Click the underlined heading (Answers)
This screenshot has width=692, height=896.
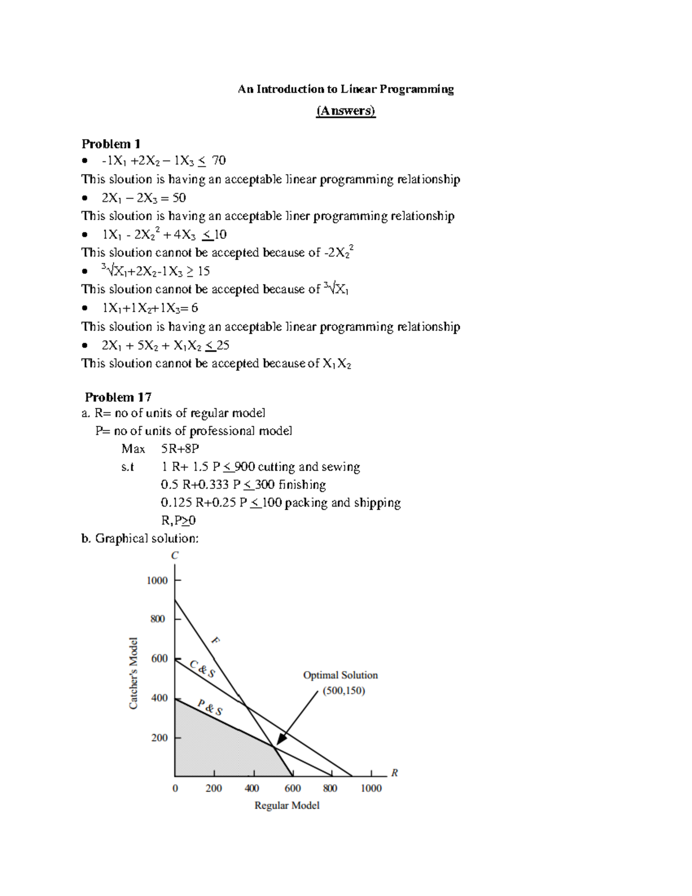point(345,111)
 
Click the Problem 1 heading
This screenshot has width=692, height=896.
point(111,144)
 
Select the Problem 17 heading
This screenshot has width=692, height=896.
point(118,397)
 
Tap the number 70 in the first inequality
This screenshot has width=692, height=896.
point(219,160)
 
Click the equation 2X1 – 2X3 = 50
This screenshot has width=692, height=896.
point(144,198)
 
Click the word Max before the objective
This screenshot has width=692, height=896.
point(133,449)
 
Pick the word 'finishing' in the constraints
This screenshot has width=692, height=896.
point(302,485)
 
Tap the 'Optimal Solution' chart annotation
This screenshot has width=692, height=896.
point(340,675)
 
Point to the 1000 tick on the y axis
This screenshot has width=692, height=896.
point(157,580)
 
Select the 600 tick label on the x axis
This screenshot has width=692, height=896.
point(292,788)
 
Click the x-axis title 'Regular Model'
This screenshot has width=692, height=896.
point(287,805)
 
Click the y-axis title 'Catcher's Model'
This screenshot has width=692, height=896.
point(133,673)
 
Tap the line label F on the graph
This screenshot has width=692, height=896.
point(216,640)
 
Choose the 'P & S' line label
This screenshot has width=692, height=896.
point(210,707)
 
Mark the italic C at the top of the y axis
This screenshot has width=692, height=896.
point(175,555)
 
